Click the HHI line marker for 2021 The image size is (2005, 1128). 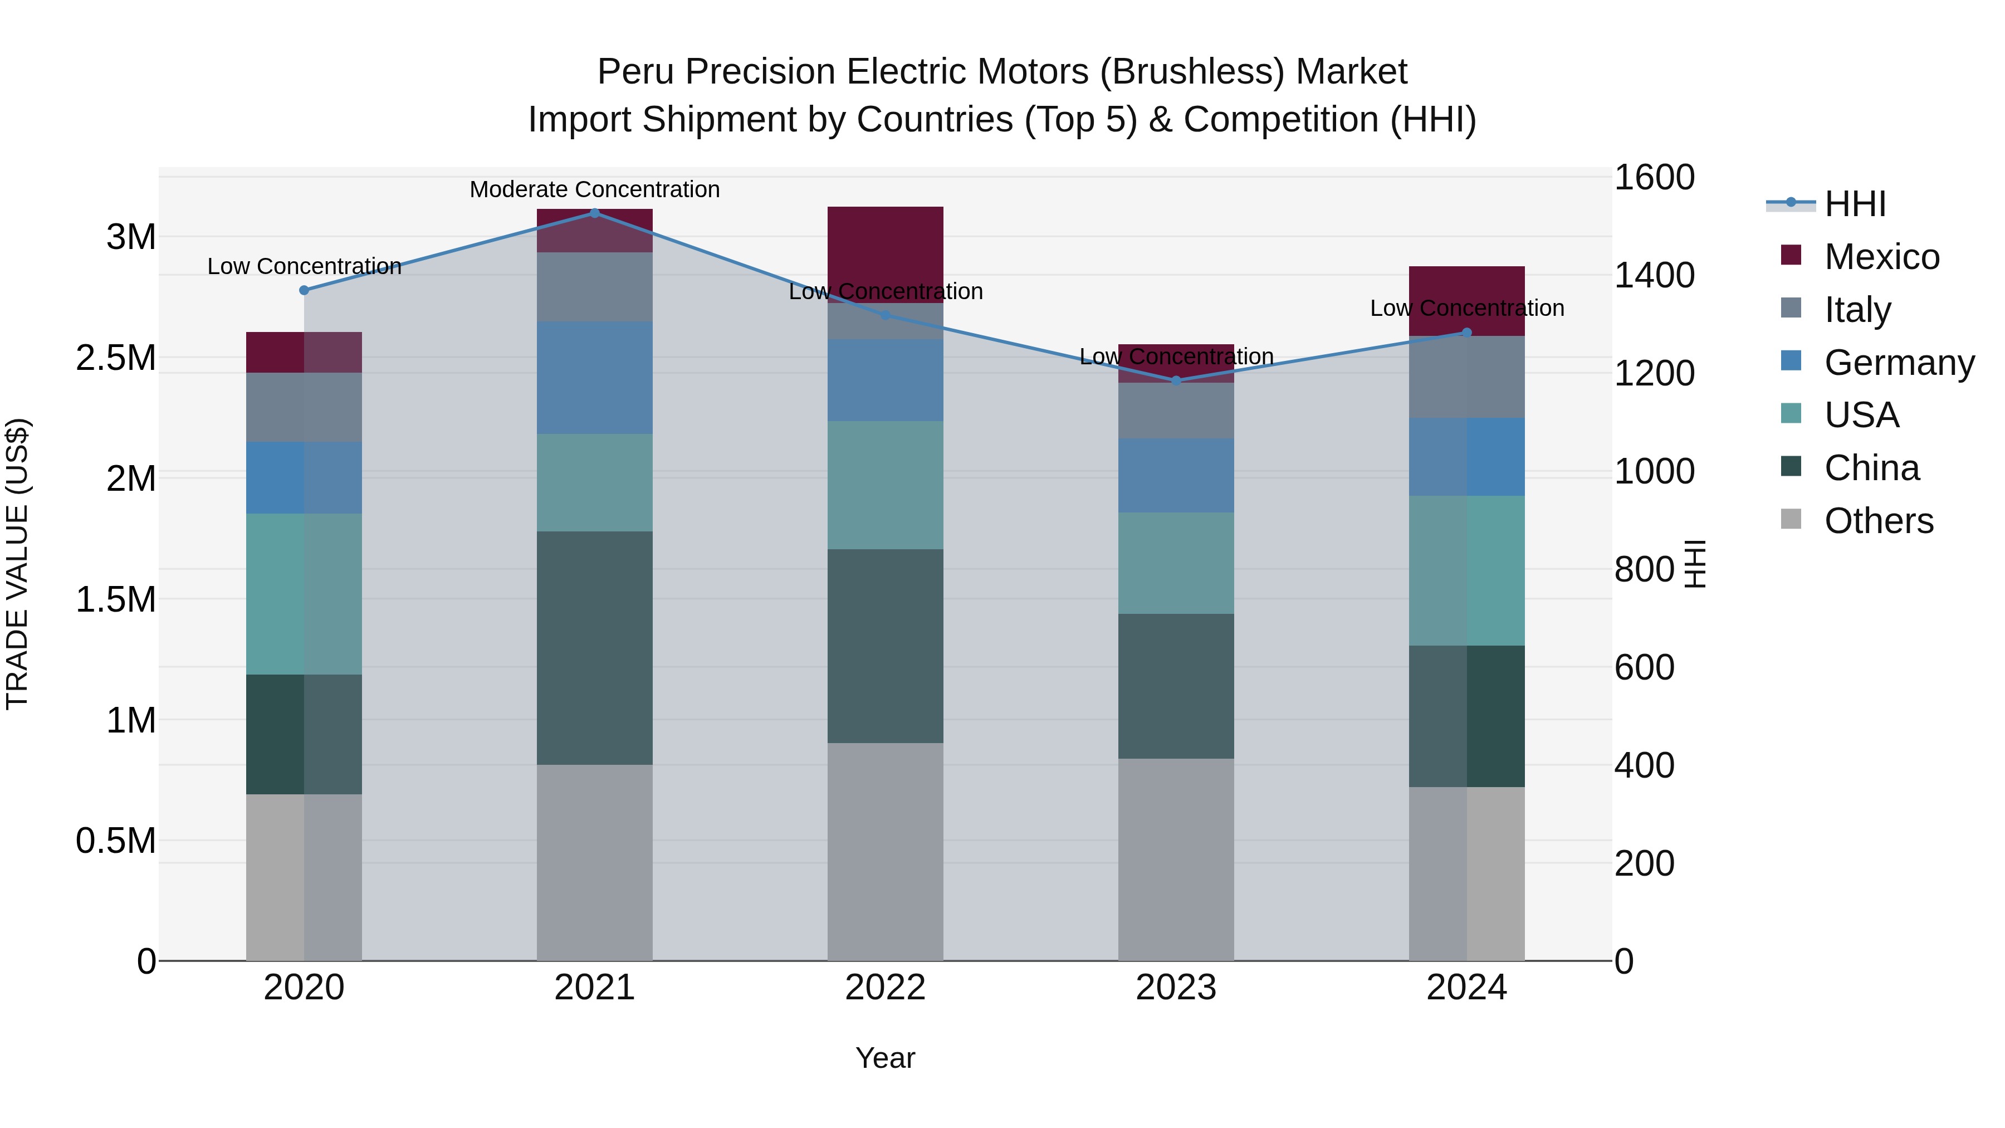click(x=595, y=213)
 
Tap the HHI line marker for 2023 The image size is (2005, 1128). click(x=1176, y=380)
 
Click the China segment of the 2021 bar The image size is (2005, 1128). click(x=595, y=648)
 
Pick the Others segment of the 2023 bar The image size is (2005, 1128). click(x=1176, y=860)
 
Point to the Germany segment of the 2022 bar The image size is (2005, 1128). click(x=885, y=380)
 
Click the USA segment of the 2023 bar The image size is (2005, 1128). click(x=1176, y=563)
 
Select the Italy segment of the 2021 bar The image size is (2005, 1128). click(x=595, y=286)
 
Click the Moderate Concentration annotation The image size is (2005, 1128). click(x=595, y=189)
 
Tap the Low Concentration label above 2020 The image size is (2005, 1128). click(x=304, y=266)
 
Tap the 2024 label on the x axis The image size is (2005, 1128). click(x=1466, y=988)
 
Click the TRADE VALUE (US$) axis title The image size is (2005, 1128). click(x=18, y=564)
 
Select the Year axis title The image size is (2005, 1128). click(x=885, y=1058)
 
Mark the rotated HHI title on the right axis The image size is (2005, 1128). click(x=1694, y=564)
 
